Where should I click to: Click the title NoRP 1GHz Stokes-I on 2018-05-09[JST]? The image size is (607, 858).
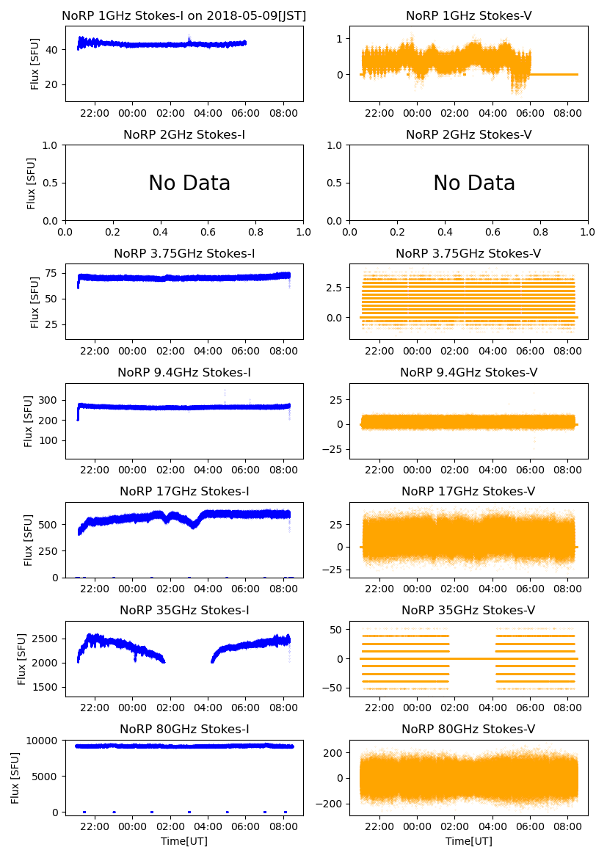coord(184,16)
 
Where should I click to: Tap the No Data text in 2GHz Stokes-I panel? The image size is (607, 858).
coord(189,183)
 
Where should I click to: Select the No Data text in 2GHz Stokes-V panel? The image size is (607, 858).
coord(474,183)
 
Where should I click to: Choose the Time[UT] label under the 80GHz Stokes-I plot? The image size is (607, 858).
coord(184,841)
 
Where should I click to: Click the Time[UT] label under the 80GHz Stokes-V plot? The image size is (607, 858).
coord(468,841)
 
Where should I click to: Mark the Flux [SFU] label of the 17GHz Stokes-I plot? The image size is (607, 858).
coord(29,539)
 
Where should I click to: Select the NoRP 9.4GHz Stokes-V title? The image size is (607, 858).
coord(468,373)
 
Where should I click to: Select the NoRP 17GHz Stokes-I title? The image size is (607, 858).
coord(184,492)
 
